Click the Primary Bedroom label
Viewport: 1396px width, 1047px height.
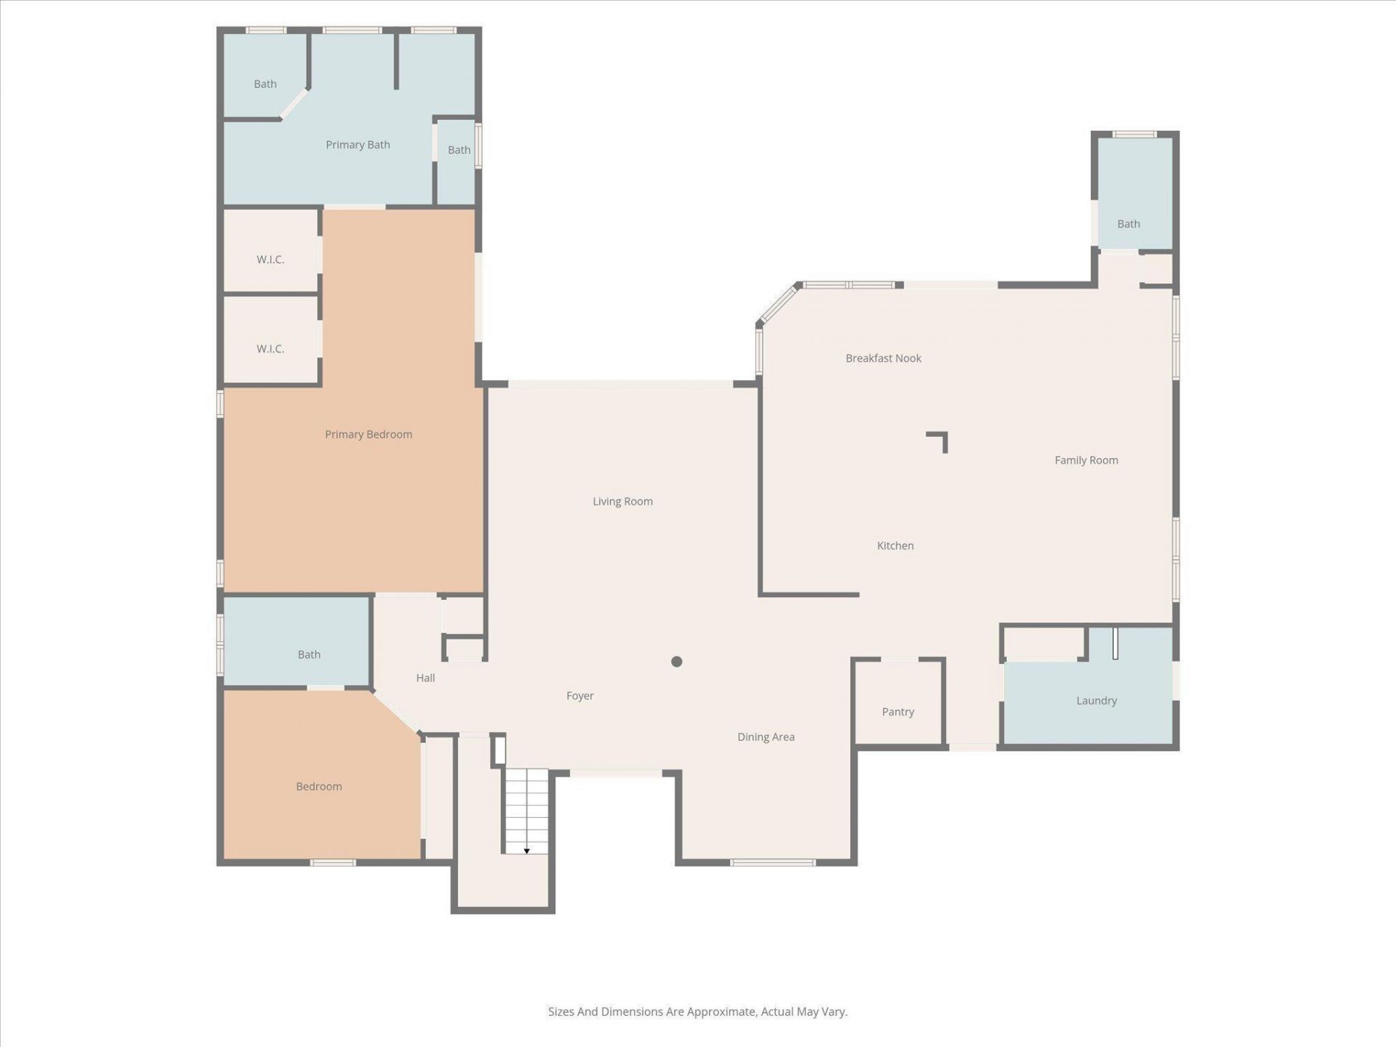coord(368,434)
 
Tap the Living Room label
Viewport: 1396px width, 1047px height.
coord(622,501)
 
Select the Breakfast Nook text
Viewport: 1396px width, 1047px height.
coord(883,358)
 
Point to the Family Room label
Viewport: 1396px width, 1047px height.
coord(1086,460)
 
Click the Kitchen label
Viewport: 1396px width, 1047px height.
coord(894,545)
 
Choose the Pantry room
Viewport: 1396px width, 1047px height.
coord(897,711)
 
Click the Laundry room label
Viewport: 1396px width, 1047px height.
coord(1096,700)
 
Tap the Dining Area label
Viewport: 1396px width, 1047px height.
coord(765,737)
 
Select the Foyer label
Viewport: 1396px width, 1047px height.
coord(579,696)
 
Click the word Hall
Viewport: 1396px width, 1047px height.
coord(425,678)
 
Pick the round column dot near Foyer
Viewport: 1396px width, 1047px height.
coord(676,662)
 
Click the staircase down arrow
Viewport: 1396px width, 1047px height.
coord(526,851)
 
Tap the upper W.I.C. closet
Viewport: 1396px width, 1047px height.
coord(270,260)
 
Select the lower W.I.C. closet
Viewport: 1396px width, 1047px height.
coord(270,349)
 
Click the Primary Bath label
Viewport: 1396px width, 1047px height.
coord(358,145)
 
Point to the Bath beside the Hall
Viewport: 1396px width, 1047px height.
coord(308,654)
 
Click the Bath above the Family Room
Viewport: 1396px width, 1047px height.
coord(1128,223)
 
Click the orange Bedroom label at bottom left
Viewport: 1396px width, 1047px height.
coord(318,786)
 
